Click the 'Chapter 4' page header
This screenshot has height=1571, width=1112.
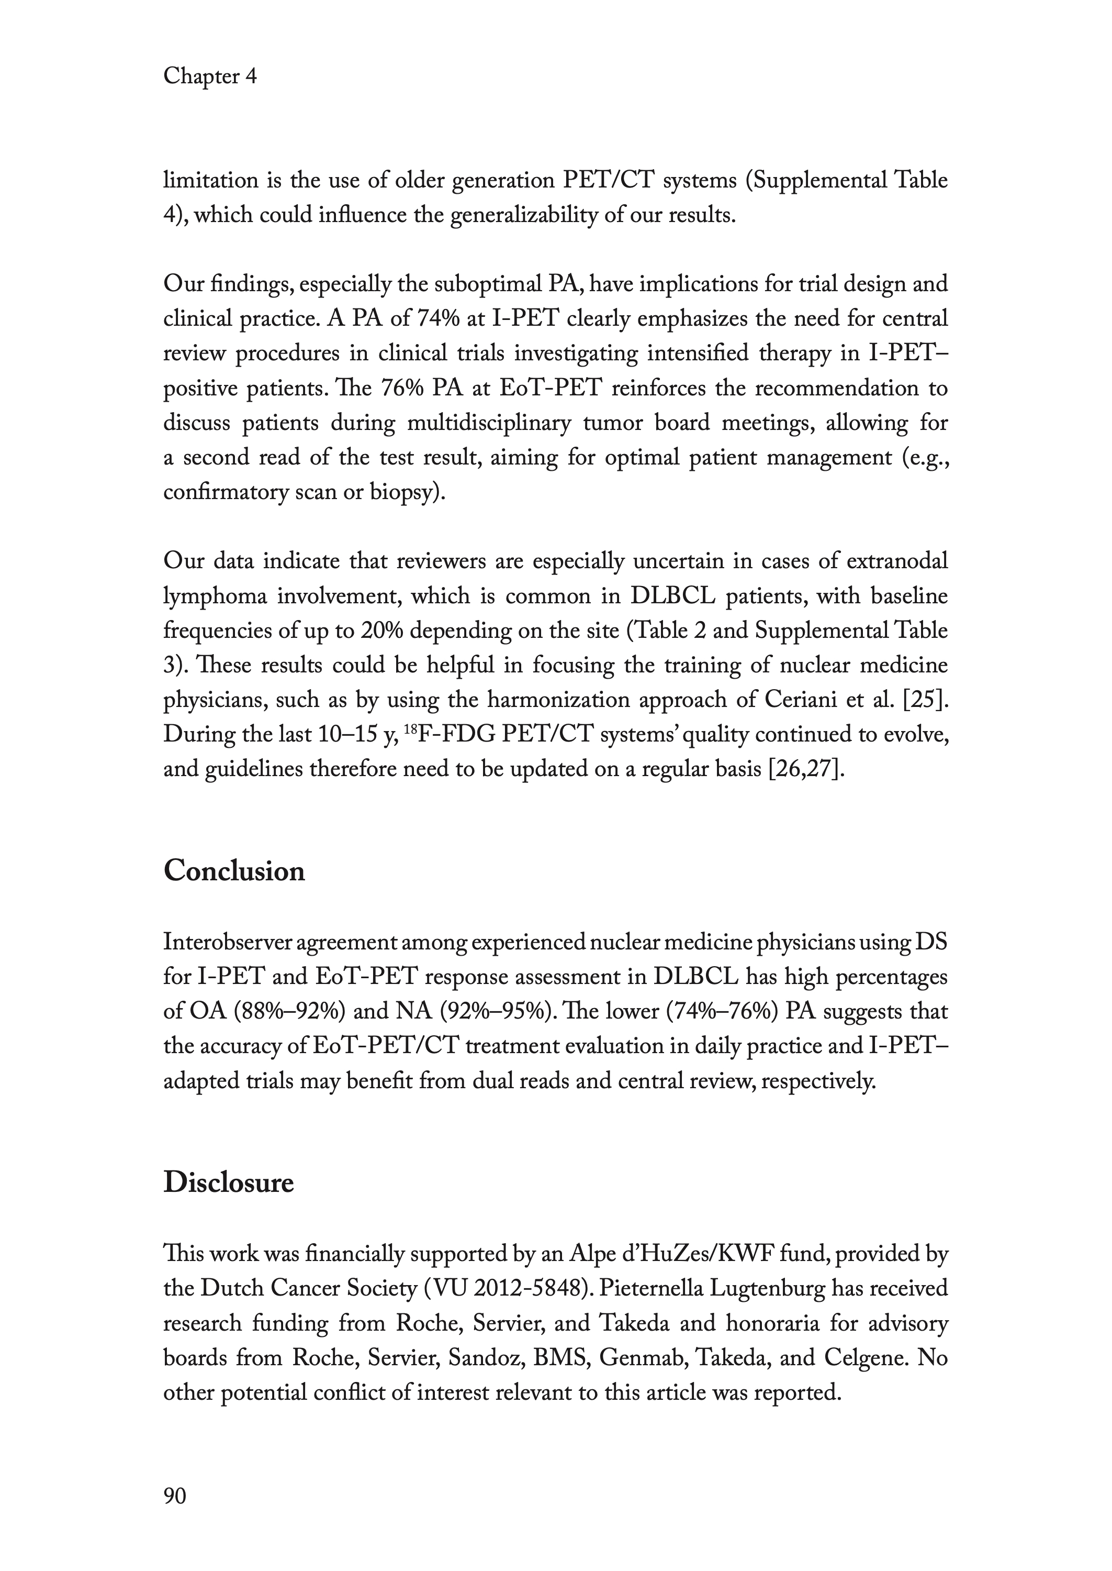click(x=209, y=76)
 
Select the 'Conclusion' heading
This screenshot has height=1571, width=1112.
click(x=234, y=871)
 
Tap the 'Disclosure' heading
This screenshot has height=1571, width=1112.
click(x=229, y=1183)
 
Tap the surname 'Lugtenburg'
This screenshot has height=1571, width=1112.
click(x=767, y=1289)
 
